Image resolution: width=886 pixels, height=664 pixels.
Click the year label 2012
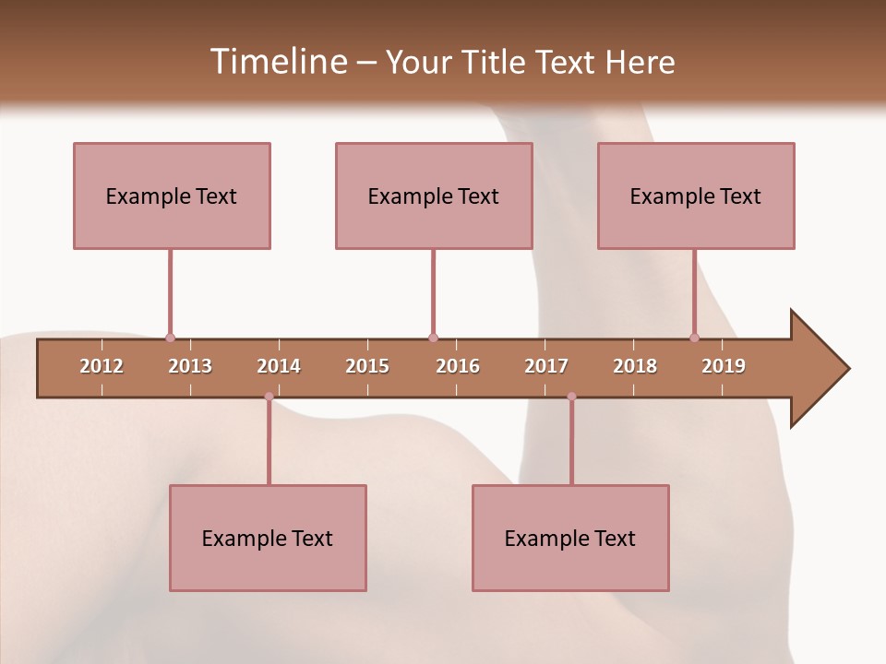pyautogui.click(x=102, y=366)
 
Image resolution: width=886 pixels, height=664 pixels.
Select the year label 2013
pyautogui.click(x=190, y=366)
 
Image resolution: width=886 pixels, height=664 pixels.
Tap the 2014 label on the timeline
pyautogui.click(x=279, y=366)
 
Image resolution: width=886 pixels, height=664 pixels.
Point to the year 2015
pyautogui.click(x=367, y=366)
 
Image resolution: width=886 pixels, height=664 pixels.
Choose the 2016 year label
pyautogui.click(x=458, y=366)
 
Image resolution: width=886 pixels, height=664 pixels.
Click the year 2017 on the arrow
pyautogui.click(x=546, y=366)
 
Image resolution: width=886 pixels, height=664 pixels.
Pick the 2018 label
pyautogui.click(x=635, y=366)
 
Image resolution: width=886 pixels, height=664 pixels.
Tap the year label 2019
pyautogui.click(x=724, y=366)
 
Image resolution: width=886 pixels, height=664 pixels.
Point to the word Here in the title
pyautogui.click(x=640, y=62)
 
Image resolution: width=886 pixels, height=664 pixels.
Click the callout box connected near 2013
pyautogui.click(x=172, y=196)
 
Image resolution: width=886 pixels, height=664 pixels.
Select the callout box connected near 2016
pyautogui.click(x=434, y=196)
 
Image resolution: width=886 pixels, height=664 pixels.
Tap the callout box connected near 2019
pyautogui.click(x=696, y=196)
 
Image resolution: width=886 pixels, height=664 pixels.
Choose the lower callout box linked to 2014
pyautogui.click(x=268, y=538)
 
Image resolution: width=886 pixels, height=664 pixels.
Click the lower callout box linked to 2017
pyautogui.click(x=570, y=538)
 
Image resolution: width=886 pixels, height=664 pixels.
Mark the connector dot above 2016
pyautogui.click(x=433, y=338)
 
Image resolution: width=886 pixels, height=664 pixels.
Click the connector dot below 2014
pyautogui.click(x=269, y=397)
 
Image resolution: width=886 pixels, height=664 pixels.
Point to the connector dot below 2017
pyautogui.click(x=571, y=397)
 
